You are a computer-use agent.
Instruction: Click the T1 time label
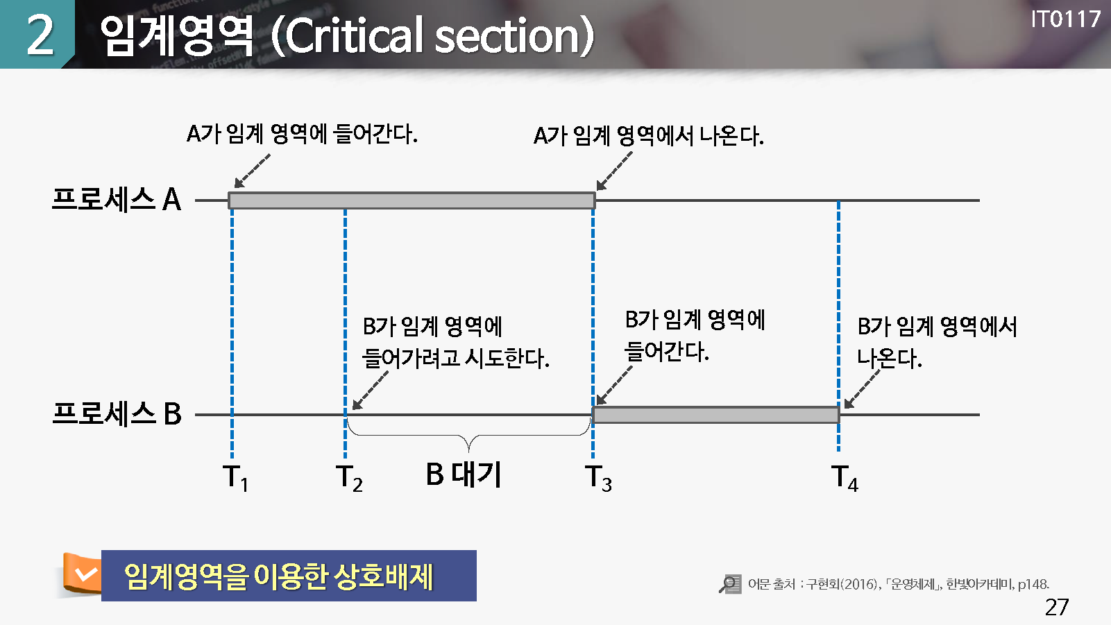point(235,478)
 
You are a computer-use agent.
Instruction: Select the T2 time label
point(349,478)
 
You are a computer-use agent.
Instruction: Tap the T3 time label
point(599,478)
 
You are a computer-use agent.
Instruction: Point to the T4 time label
point(845,478)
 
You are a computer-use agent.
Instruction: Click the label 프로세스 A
point(117,200)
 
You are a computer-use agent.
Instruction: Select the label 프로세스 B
point(117,413)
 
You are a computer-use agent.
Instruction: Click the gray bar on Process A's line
point(412,200)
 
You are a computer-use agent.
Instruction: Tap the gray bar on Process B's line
point(715,415)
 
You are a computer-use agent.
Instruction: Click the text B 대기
point(464,474)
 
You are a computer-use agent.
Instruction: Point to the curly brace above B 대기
point(468,436)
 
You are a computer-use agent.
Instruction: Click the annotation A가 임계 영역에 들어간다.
point(302,134)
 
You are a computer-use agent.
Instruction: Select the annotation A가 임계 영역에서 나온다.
point(648,136)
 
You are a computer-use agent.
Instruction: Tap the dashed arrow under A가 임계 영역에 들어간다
point(252,171)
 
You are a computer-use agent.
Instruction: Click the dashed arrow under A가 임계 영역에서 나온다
point(615,171)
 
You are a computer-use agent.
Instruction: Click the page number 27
point(1056,607)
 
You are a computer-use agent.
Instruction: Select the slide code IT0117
point(1065,20)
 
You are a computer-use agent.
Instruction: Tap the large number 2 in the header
point(40,35)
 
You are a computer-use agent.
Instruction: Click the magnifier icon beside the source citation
point(730,584)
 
